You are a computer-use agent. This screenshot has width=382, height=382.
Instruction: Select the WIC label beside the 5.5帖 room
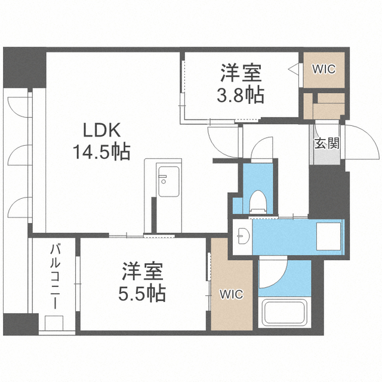(231, 294)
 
